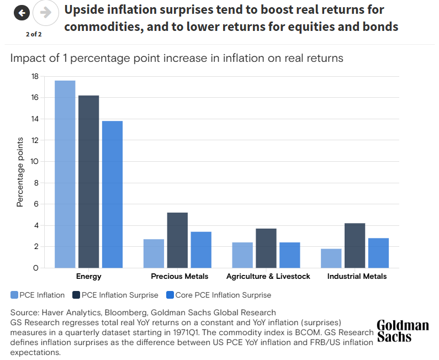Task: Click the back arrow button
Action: click(x=21, y=13)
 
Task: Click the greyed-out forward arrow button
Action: click(x=46, y=13)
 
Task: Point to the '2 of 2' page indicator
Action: click(x=34, y=34)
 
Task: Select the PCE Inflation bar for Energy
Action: click(x=65, y=174)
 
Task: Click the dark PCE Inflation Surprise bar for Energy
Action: click(x=88, y=182)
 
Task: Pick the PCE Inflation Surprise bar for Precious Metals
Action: click(x=177, y=240)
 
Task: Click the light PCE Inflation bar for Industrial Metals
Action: click(x=331, y=258)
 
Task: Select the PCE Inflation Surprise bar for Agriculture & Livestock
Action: click(x=266, y=248)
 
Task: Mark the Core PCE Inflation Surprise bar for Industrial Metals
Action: click(x=378, y=253)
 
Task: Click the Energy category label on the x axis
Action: click(x=88, y=276)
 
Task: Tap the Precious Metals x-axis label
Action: click(x=179, y=276)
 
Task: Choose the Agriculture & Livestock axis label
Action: click(x=268, y=276)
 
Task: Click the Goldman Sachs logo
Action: click(x=403, y=331)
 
